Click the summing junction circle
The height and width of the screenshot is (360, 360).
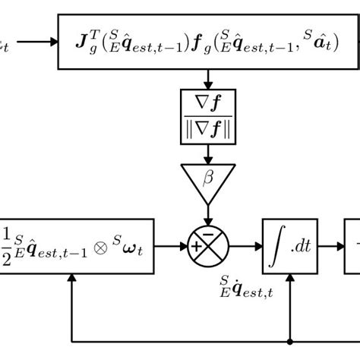[x=208, y=247]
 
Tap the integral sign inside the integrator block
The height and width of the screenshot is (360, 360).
[x=277, y=247]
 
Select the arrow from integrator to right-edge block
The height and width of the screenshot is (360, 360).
[x=331, y=247]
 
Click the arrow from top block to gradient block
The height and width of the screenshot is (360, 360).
[x=208, y=78]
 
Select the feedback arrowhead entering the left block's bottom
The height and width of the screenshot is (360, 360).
[x=71, y=279]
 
